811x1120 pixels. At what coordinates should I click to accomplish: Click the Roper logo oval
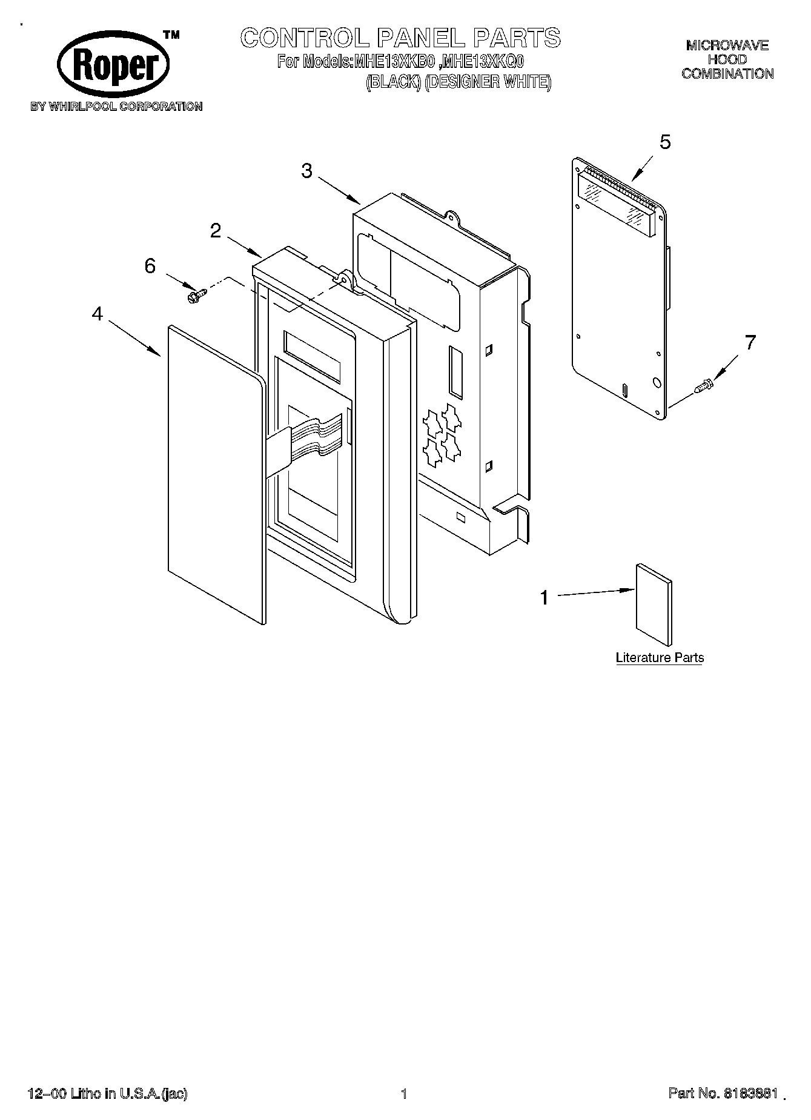point(113,64)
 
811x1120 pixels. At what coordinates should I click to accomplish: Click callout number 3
point(307,171)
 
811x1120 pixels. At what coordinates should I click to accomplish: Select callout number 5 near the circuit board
point(665,142)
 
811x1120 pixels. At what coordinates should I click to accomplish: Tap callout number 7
point(750,343)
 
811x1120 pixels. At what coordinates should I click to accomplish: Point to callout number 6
point(150,266)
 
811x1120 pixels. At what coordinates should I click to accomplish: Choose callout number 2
point(216,231)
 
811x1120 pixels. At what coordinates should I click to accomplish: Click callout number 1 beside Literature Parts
point(544,598)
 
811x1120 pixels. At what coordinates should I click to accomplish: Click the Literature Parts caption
point(660,658)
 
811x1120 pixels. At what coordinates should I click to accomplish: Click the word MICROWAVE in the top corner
point(727,45)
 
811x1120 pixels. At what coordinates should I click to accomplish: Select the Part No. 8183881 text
point(723,1093)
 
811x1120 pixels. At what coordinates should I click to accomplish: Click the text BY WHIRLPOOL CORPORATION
point(116,107)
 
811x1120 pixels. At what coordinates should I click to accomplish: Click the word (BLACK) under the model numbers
point(393,83)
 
